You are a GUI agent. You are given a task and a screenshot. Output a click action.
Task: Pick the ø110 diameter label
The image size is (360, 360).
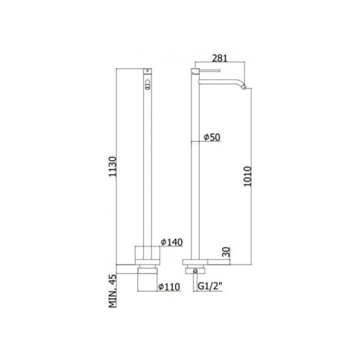point(169,287)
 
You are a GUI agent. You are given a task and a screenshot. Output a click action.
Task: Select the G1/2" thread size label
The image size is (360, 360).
point(209,287)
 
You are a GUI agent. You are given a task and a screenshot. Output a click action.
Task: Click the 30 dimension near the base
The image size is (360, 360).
point(227,252)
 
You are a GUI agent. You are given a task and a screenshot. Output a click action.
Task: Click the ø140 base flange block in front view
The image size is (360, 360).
point(148,255)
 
